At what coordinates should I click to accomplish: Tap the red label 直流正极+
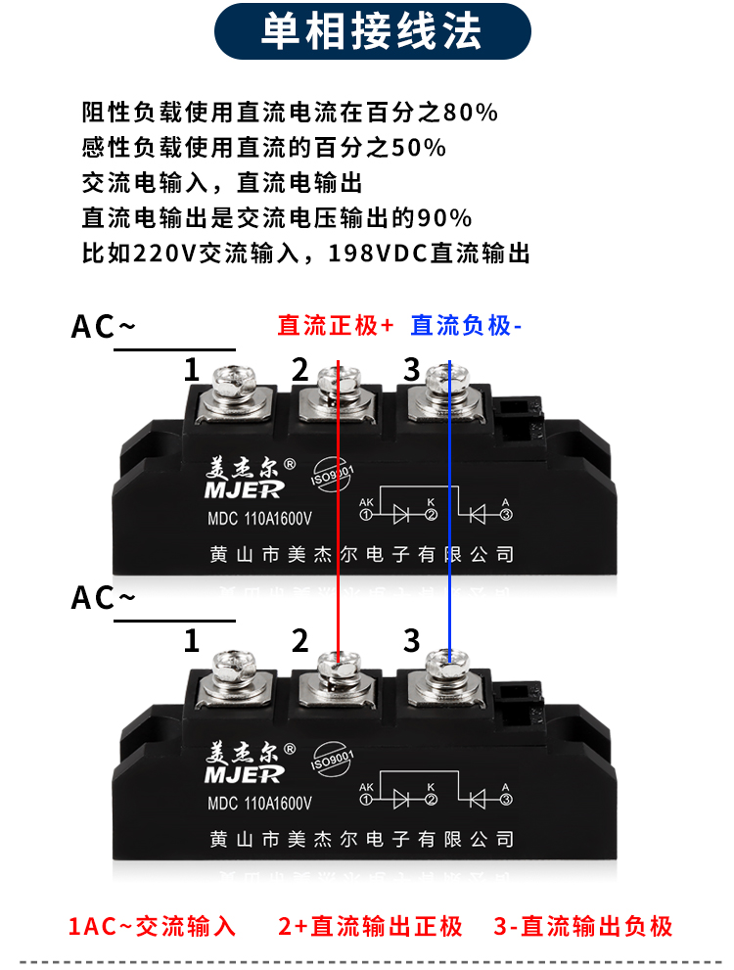[335, 325]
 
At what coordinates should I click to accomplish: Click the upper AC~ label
[103, 327]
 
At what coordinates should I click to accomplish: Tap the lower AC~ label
[103, 598]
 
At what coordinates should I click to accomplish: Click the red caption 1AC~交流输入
[152, 926]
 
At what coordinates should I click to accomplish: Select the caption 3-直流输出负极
[583, 926]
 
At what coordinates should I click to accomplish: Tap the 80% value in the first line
[471, 113]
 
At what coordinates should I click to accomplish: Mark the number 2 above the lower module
[299, 641]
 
